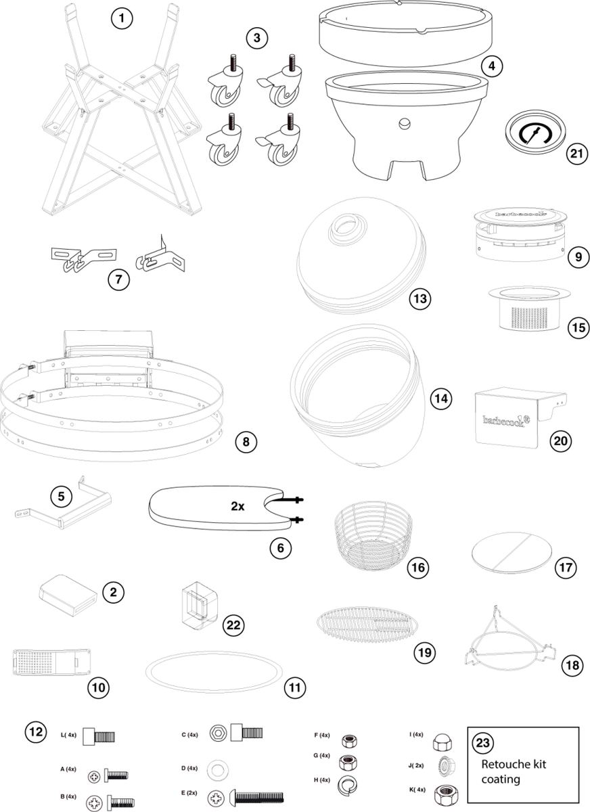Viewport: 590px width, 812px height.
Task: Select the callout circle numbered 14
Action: [x=440, y=398]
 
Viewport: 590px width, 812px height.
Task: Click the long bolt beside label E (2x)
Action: [x=257, y=797]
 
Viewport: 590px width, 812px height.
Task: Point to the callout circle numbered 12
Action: [x=36, y=731]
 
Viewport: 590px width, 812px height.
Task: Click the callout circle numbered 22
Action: [x=233, y=625]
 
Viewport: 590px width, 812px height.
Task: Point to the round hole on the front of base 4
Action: [x=405, y=123]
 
